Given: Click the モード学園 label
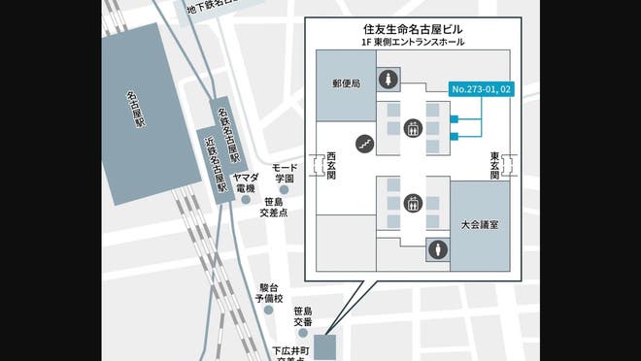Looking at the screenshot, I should click(283, 173).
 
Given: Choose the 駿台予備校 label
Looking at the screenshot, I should click(269, 293).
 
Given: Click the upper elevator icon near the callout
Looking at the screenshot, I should click(413, 127).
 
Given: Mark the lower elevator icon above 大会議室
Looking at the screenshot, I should click(413, 204).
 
